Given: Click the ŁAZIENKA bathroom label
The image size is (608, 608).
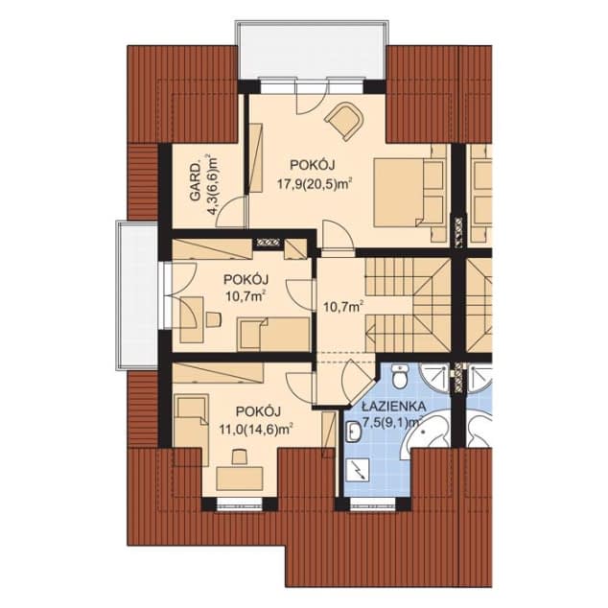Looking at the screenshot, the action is (393, 407).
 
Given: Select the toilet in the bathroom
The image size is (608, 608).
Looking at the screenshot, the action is (399, 376).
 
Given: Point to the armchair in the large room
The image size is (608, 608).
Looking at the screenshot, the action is (344, 121).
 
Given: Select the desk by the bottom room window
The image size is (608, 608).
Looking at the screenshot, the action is (240, 479).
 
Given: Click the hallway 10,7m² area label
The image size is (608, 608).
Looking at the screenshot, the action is (343, 307).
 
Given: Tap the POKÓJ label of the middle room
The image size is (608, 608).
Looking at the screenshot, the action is (246, 280).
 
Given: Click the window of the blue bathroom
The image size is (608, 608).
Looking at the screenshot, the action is (373, 503).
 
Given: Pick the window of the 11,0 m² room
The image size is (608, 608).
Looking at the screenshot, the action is (240, 503).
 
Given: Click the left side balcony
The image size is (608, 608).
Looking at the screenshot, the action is (137, 295).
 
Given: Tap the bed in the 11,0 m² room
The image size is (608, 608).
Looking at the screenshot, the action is (191, 430).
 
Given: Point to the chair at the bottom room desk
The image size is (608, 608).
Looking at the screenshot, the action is (240, 456).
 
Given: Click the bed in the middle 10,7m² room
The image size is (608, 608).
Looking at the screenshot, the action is (274, 334).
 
